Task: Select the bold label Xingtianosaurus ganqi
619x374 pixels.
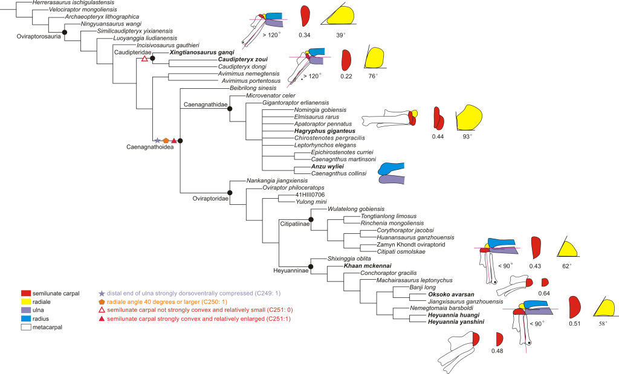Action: [x=192, y=53]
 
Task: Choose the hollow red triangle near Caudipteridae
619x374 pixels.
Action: [x=144, y=59]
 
